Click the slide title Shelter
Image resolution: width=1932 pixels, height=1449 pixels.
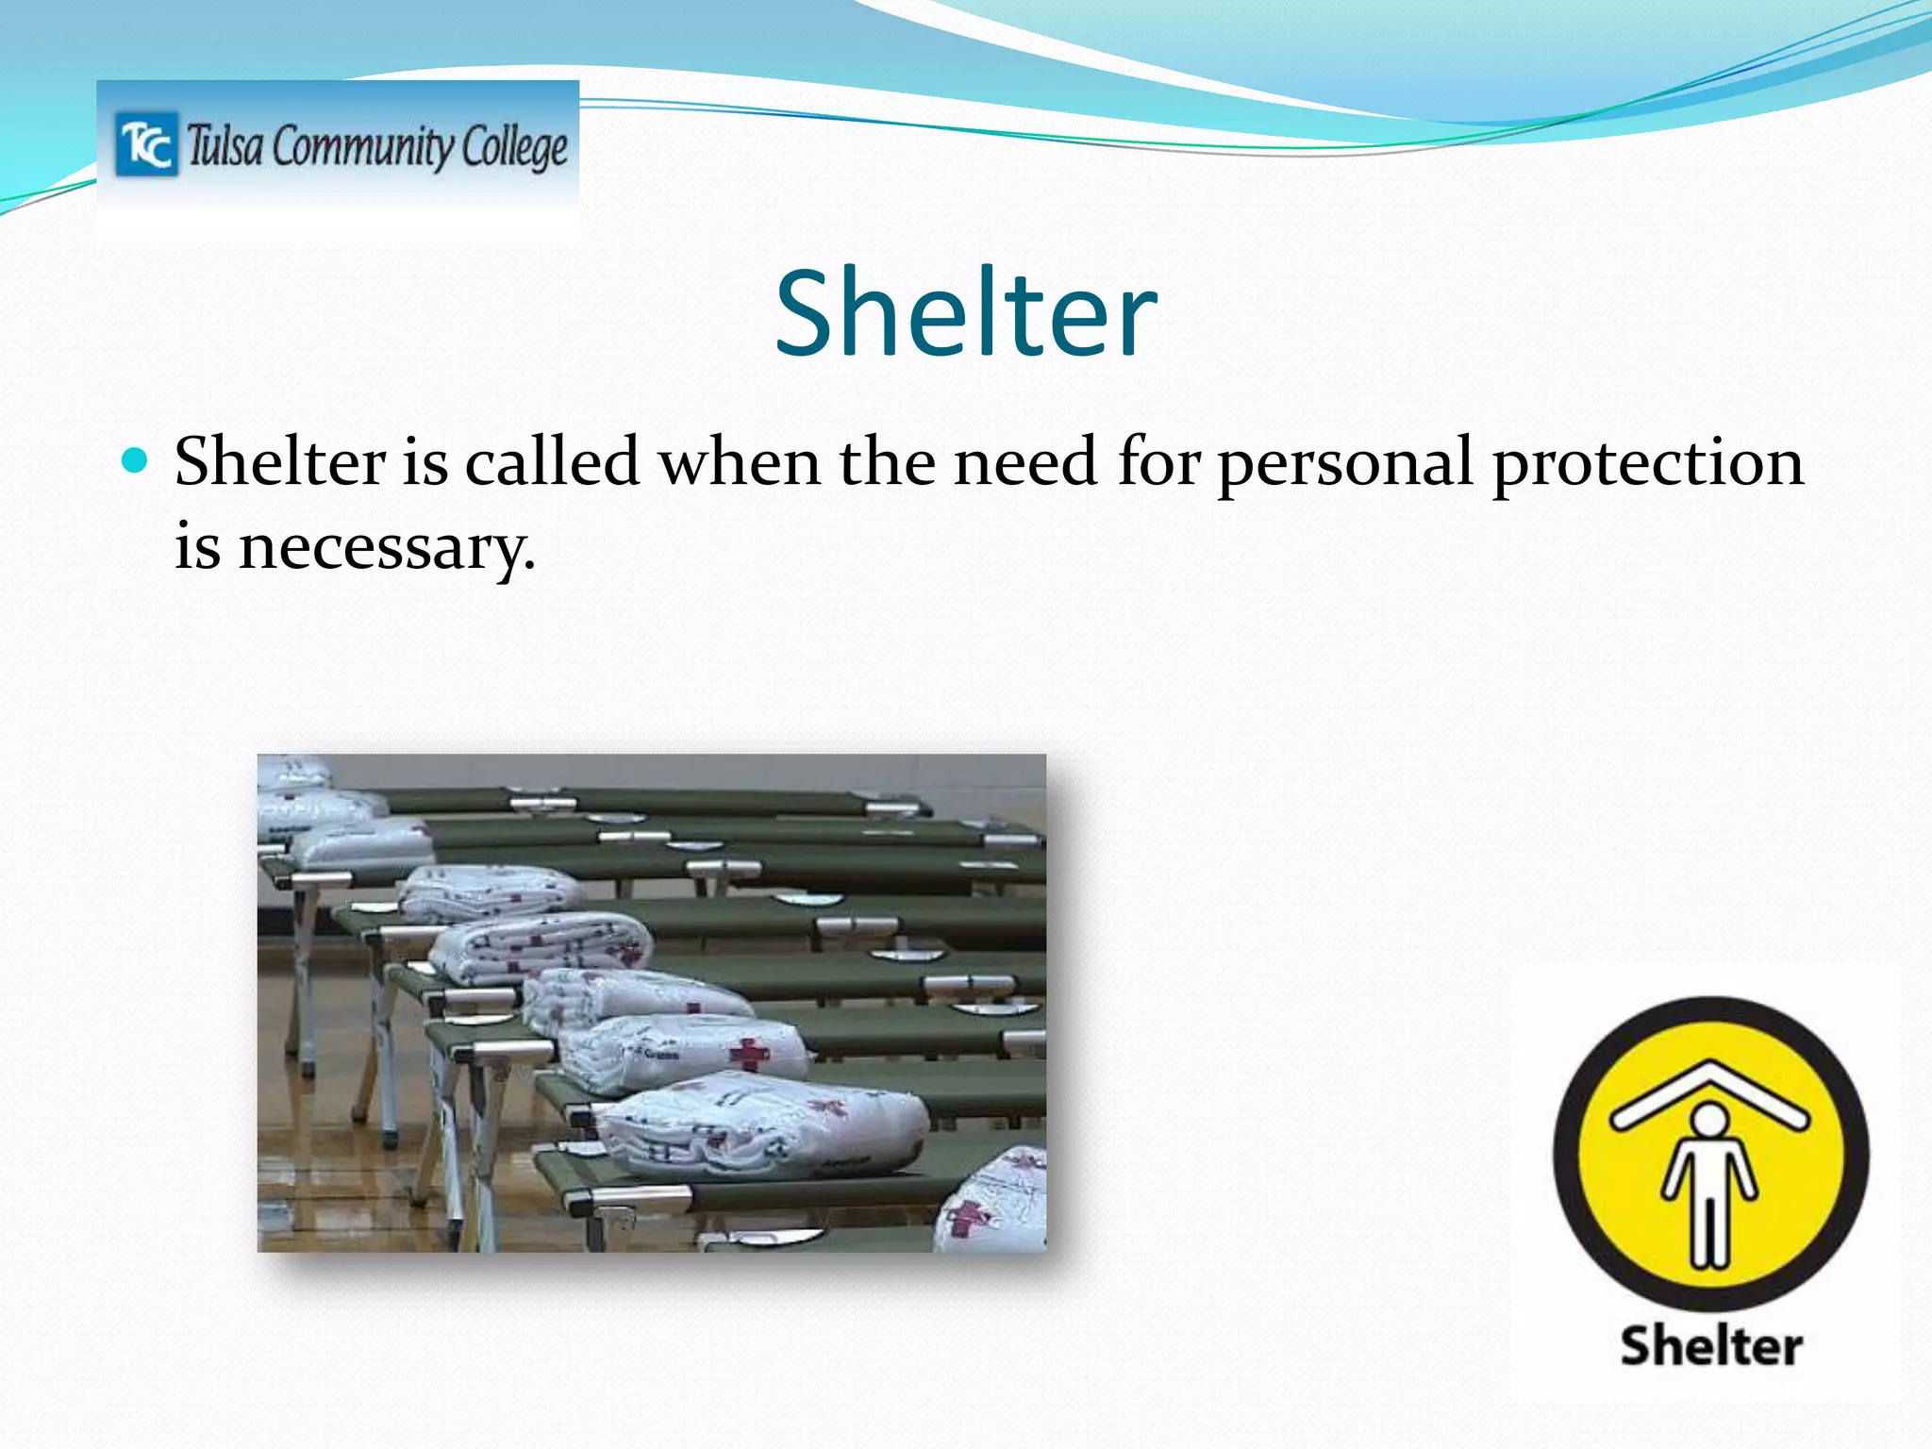(x=965, y=313)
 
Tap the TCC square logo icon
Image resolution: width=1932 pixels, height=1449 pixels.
(x=146, y=144)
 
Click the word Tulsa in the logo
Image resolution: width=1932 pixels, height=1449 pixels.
(x=225, y=147)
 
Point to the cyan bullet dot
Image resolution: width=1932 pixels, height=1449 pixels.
(x=136, y=460)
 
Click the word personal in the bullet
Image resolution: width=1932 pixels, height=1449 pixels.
(x=1345, y=464)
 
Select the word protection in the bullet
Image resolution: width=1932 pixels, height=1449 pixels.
(x=1647, y=464)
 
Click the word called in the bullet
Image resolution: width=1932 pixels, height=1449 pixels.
(x=552, y=462)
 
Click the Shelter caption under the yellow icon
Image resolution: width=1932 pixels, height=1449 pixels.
(x=1710, y=1346)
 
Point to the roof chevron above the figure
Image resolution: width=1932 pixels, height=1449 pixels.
(x=1709, y=1094)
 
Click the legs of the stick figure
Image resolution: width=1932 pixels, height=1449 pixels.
(x=1709, y=1226)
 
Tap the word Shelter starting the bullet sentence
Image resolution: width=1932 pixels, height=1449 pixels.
(x=280, y=462)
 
